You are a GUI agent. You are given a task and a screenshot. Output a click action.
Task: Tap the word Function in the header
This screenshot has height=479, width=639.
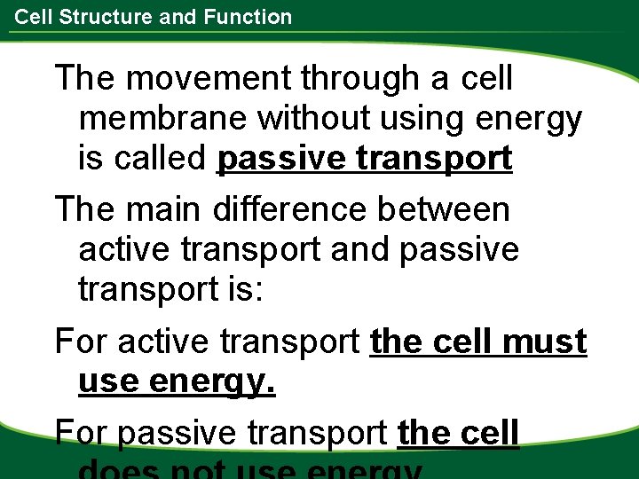[248, 17]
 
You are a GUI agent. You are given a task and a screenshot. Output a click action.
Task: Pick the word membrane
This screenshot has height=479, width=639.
[164, 118]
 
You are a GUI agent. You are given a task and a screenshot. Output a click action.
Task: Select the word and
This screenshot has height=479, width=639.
[362, 250]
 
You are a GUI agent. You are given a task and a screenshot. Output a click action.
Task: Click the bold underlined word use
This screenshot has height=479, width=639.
[108, 382]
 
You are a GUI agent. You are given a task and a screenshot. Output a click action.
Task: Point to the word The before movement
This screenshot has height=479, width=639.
[87, 78]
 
